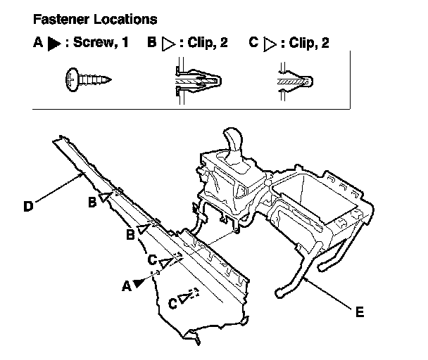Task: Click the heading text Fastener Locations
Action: click(x=95, y=20)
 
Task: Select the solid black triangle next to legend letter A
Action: click(x=53, y=44)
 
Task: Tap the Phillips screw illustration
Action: click(x=89, y=79)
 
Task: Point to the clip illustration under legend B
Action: click(x=197, y=81)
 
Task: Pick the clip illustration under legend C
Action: click(x=296, y=82)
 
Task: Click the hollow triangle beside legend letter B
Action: click(x=168, y=44)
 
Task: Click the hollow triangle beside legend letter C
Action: click(x=270, y=44)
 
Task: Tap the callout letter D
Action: click(x=28, y=206)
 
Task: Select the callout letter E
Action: click(x=360, y=311)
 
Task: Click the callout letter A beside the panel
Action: click(x=127, y=286)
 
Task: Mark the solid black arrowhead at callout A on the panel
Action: click(x=139, y=283)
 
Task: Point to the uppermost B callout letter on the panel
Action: click(x=92, y=202)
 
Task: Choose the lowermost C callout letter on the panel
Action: click(x=172, y=304)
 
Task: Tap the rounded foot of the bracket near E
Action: click(x=279, y=292)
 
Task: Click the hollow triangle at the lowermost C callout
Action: click(x=184, y=297)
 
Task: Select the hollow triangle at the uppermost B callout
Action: click(x=105, y=197)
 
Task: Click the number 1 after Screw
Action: click(x=125, y=42)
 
